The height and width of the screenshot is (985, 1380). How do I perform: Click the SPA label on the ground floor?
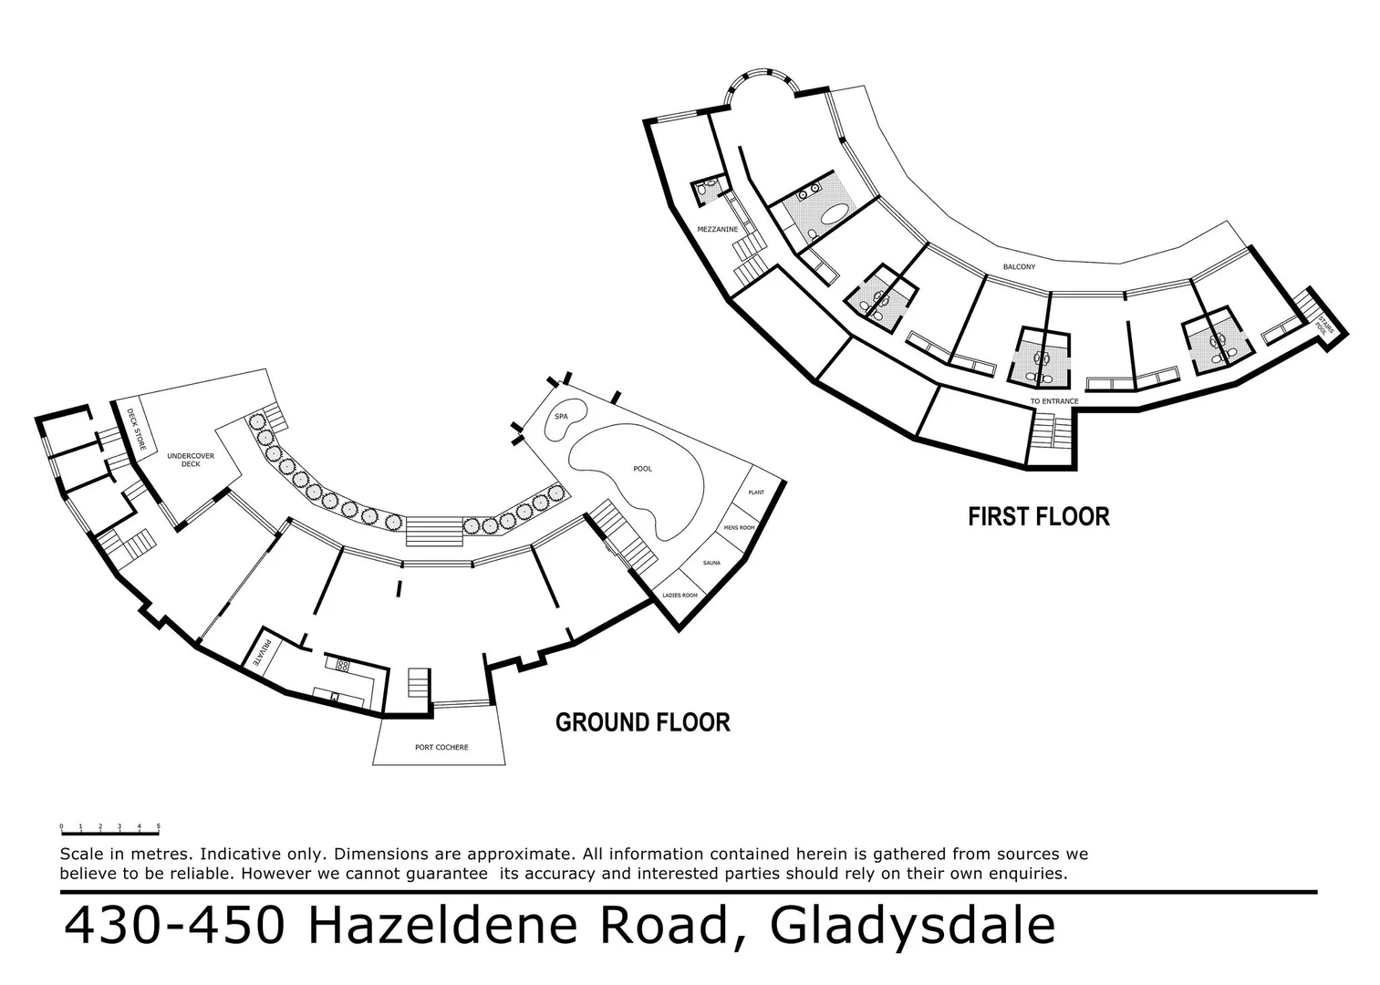pos(562,417)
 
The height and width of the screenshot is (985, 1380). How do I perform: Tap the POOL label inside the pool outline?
pos(643,469)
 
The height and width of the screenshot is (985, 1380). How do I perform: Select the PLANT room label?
pos(755,493)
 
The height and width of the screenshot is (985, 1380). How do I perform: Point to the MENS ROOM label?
pos(739,528)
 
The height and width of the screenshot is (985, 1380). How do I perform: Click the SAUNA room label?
pos(711,563)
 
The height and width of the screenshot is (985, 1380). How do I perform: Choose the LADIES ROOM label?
pos(680,596)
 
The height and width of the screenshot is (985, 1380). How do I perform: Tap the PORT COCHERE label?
pos(441,748)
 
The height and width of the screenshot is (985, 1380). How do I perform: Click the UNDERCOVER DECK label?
pos(190,459)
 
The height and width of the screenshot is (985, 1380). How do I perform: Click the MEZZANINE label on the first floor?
pos(718,229)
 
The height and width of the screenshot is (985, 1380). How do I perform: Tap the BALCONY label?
pos(1019,267)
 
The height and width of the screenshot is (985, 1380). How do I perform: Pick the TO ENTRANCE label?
pos(1054,401)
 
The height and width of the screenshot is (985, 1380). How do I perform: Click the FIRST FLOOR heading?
pos(1039,517)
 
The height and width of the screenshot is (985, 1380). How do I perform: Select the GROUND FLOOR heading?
pos(643,723)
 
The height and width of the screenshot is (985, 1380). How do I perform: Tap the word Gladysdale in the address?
pos(913,926)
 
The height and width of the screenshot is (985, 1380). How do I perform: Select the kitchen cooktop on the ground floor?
pos(344,665)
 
